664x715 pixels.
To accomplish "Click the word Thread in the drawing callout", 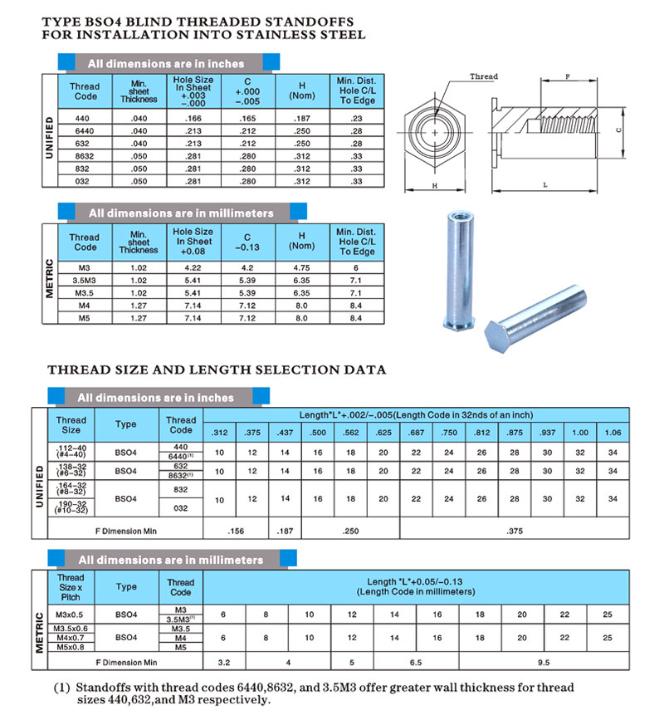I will (484, 77).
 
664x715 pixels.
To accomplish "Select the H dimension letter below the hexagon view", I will (435, 186).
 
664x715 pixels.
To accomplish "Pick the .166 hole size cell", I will (193, 120).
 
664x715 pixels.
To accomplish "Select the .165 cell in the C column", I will (247, 120).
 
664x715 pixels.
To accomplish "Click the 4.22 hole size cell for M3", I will (193, 268).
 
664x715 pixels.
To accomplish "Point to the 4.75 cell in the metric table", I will (302, 268).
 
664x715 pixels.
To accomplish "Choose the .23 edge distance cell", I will (357, 120).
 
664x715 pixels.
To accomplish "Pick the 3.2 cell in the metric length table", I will (224, 663).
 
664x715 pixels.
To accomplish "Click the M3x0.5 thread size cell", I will (71, 614).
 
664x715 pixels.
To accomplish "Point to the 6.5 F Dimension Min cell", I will (416, 663).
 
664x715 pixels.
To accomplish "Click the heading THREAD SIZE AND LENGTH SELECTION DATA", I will (217, 369).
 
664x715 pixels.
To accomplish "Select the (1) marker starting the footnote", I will (61, 688).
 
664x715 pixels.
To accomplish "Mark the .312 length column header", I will (220, 433).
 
